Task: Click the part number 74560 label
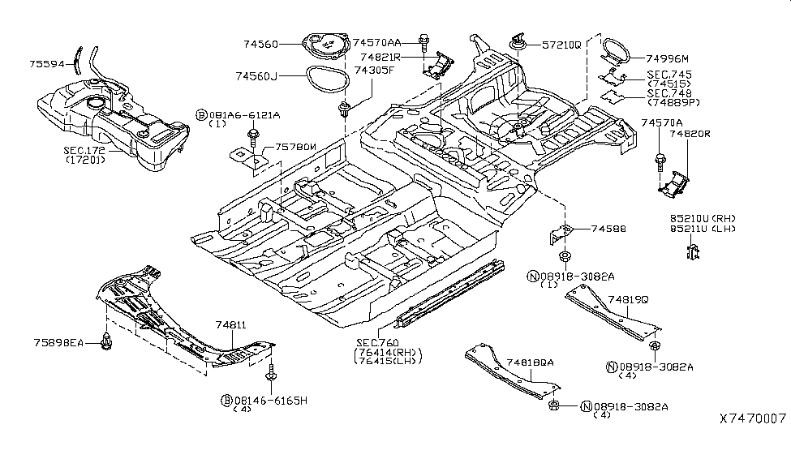(x=260, y=44)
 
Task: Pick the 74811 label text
(x=230, y=324)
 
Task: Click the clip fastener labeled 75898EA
(x=105, y=342)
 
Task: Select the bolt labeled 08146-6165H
(x=270, y=375)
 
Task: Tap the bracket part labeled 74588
(x=560, y=231)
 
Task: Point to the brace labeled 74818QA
(x=503, y=373)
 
